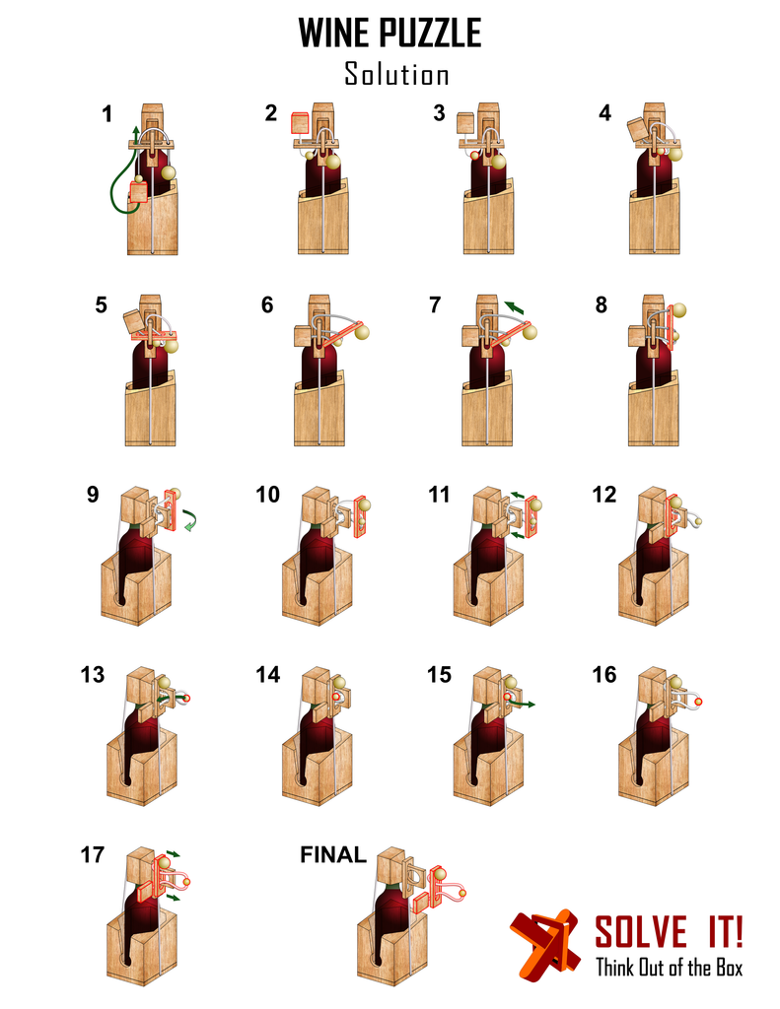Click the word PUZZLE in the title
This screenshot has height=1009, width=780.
click(433, 34)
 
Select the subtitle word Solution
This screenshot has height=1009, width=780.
click(396, 74)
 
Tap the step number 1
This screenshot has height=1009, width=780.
click(106, 113)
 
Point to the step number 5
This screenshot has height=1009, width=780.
click(102, 304)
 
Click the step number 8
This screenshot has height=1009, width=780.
click(602, 304)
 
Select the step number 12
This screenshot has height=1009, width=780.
click(604, 494)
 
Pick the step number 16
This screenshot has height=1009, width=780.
click(604, 675)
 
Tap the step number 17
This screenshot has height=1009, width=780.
click(93, 855)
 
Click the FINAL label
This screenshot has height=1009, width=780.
click(333, 854)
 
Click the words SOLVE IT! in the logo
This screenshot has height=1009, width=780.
click(669, 931)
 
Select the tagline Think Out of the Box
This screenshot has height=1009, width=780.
click(669, 968)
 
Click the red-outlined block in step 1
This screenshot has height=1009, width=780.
click(138, 191)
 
